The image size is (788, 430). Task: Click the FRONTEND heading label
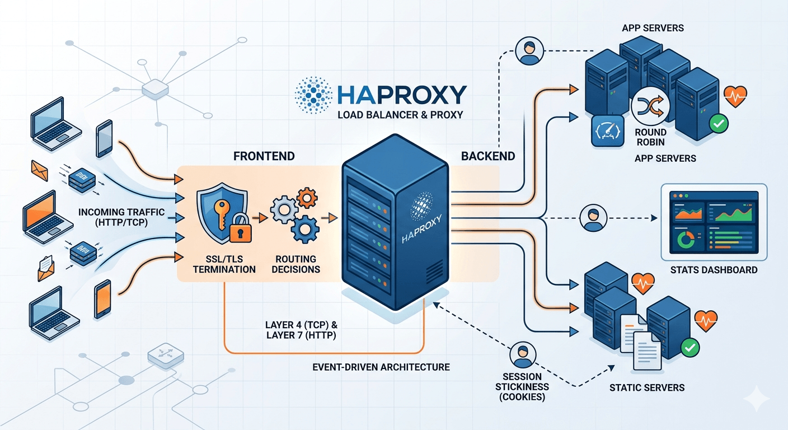click(x=264, y=156)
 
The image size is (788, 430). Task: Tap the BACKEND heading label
click(x=488, y=156)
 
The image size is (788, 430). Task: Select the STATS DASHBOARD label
click(x=714, y=270)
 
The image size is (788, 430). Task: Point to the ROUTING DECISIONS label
click(x=295, y=264)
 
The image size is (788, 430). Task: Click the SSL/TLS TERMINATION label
click(x=224, y=264)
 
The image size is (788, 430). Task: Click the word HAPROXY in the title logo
click(x=401, y=95)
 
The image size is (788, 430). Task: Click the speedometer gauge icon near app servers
click(x=607, y=131)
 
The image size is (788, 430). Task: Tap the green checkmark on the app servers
click(x=718, y=124)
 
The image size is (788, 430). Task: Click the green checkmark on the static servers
click(x=691, y=348)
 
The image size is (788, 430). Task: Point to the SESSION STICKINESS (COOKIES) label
click(x=522, y=386)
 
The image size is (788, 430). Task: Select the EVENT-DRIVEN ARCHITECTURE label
click(x=381, y=367)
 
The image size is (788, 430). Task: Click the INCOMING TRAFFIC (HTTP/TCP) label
click(x=121, y=217)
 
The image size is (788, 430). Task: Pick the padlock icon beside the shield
click(x=242, y=228)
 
